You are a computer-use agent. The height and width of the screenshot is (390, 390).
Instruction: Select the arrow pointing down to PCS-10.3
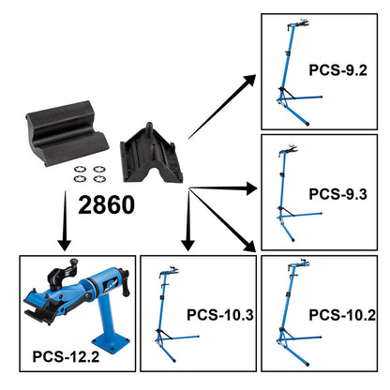(186, 225)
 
